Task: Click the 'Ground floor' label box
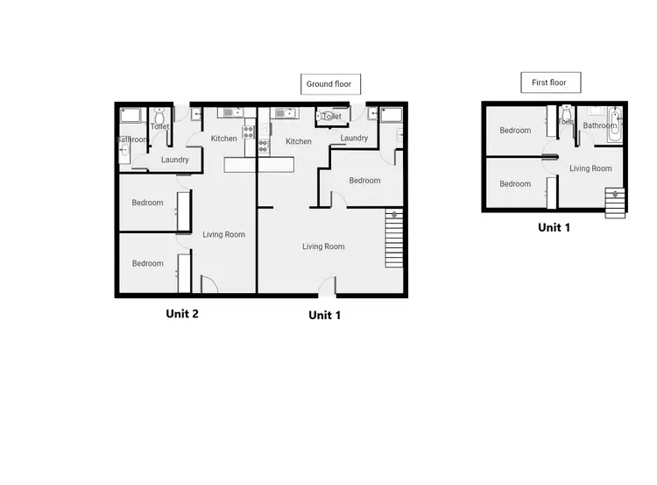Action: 330,84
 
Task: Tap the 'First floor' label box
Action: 549,83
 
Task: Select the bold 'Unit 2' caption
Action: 182,313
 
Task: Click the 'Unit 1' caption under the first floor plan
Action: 554,227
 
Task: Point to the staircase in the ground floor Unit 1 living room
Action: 394,239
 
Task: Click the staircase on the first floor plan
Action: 616,203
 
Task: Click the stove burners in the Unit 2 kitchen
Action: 249,133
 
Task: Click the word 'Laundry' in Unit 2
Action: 175,160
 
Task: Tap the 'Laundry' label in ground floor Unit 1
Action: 354,138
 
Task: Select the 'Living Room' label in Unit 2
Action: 223,234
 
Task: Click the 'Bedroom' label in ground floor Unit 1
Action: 364,181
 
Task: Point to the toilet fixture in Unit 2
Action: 160,116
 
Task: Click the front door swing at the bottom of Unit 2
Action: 209,284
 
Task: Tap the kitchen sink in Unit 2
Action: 232,112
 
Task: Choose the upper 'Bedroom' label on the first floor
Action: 515,131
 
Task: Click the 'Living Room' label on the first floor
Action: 590,168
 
